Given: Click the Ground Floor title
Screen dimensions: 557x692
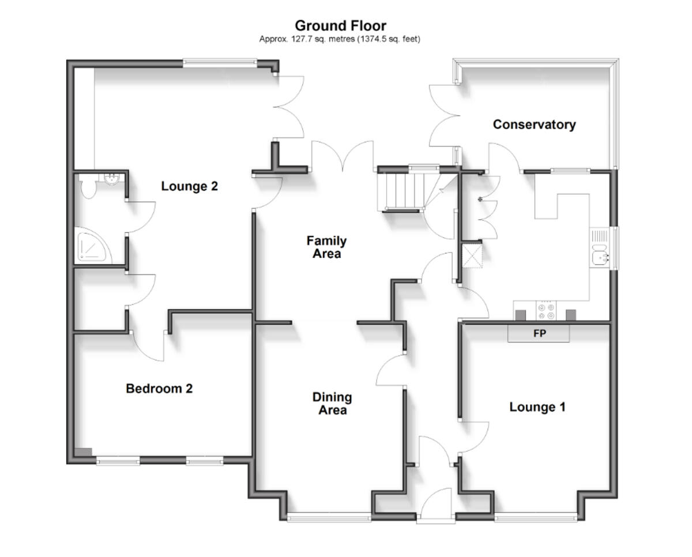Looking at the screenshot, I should (340, 26).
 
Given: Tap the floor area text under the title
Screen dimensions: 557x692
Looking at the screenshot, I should (340, 39).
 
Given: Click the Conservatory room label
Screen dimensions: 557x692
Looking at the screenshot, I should (534, 125).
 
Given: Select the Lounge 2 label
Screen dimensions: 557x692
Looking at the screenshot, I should (189, 186).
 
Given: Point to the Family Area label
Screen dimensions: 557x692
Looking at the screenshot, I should (326, 247).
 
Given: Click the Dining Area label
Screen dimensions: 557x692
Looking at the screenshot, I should (332, 404).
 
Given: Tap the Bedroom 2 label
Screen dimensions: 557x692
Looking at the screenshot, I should (159, 389).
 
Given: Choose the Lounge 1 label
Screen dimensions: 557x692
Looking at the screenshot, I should (537, 407).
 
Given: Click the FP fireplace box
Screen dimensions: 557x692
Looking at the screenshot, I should (539, 333).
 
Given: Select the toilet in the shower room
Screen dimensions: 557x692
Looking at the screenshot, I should (88, 187).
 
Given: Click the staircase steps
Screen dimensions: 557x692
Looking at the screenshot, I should (401, 191).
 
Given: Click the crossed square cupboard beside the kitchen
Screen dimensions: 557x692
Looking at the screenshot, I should (473, 255).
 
